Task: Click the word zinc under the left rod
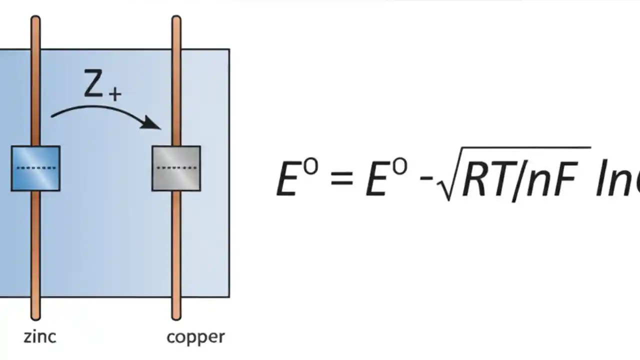click(40, 336)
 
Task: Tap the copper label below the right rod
click(195, 337)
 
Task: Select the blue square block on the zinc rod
click(35, 168)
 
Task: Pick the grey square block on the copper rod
click(176, 168)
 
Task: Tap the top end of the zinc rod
click(35, 20)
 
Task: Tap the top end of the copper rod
click(176, 20)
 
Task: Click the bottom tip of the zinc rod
click(35, 316)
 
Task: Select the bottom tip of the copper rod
click(176, 316)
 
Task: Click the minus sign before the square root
click(425, 177)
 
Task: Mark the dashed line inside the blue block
click(36, 168)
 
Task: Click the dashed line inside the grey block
click(176, 167)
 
